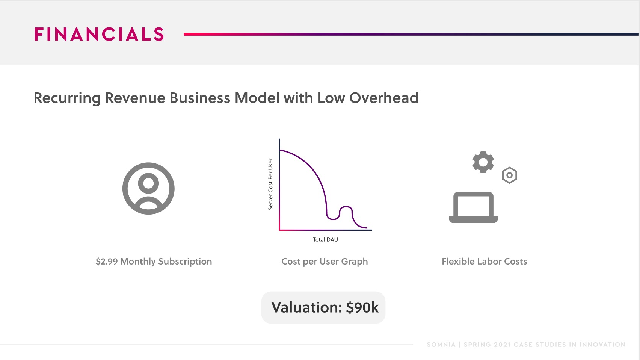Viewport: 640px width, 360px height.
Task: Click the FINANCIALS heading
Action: pos(99,34)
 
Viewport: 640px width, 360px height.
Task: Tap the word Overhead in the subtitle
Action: pos(384,98)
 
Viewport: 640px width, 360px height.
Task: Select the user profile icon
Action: pos(148,188)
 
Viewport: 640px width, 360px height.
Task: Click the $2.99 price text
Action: pos(107,261)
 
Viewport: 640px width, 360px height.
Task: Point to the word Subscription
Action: pos(185,262)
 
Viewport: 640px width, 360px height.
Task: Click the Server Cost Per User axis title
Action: pos(270,185)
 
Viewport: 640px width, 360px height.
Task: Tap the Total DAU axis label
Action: pos(325,240)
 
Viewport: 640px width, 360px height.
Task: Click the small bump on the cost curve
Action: pos(346,207)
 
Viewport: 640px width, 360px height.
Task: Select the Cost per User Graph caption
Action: pos(325,262)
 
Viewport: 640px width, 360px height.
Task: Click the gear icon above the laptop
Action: pos(483,162)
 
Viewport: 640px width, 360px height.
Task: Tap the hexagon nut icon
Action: pos(509,175)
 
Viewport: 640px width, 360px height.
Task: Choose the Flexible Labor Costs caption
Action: pos(484,261)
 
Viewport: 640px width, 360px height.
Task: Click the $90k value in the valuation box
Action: pos(362,308)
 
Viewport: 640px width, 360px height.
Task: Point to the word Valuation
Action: pos(306,308)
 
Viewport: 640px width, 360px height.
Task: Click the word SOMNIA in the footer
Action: pos(441,345)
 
